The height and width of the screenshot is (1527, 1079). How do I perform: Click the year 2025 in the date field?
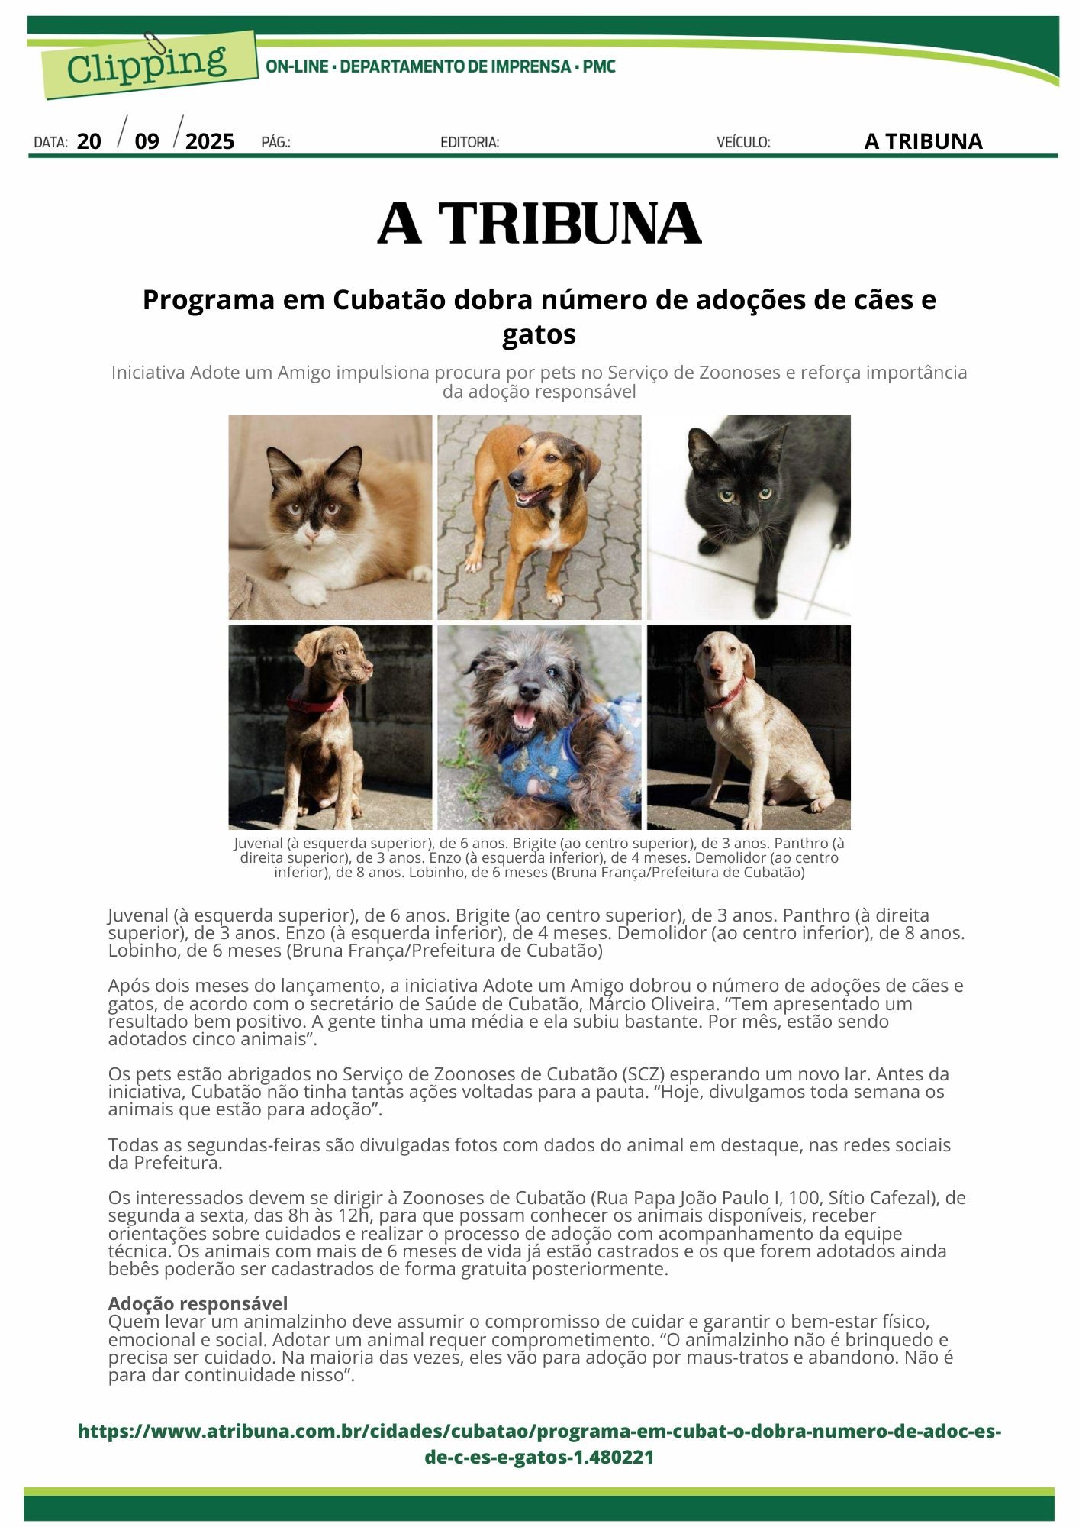210,141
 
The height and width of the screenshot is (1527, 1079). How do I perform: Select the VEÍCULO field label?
743,142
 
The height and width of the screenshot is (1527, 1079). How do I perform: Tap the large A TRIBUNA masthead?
539,224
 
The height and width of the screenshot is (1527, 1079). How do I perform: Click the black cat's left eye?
726,497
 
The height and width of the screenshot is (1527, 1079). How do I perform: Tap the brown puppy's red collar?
315,703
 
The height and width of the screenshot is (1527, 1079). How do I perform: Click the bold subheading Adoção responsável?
198,1303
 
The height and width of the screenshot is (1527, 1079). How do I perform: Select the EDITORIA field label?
469,142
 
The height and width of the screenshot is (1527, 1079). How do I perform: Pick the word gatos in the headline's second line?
539,334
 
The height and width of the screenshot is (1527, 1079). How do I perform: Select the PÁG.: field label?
275,142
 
